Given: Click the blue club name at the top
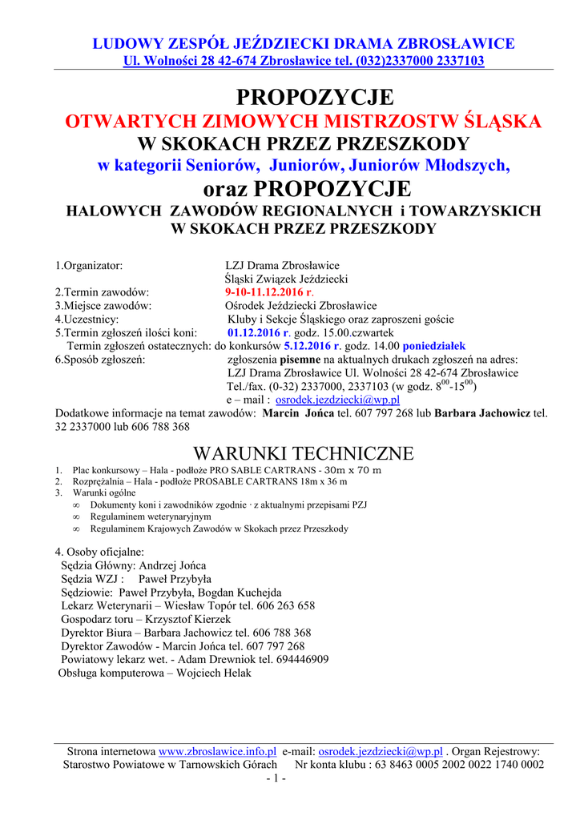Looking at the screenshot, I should click(304, 43).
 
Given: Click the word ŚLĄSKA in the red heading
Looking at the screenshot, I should click(503, 122).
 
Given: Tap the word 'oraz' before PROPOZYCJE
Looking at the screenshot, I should click(226, 189).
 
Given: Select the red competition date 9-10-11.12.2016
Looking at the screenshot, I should click(258, 292).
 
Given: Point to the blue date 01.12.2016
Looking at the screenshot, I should click(258, 332).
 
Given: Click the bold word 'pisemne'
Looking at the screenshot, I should click(300, 360).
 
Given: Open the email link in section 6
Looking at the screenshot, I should click(338, 400).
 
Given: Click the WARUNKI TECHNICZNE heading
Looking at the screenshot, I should click(304, 453).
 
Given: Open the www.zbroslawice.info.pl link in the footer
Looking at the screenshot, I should click(218, 751).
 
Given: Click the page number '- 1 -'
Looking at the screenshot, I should click(276, 778).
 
